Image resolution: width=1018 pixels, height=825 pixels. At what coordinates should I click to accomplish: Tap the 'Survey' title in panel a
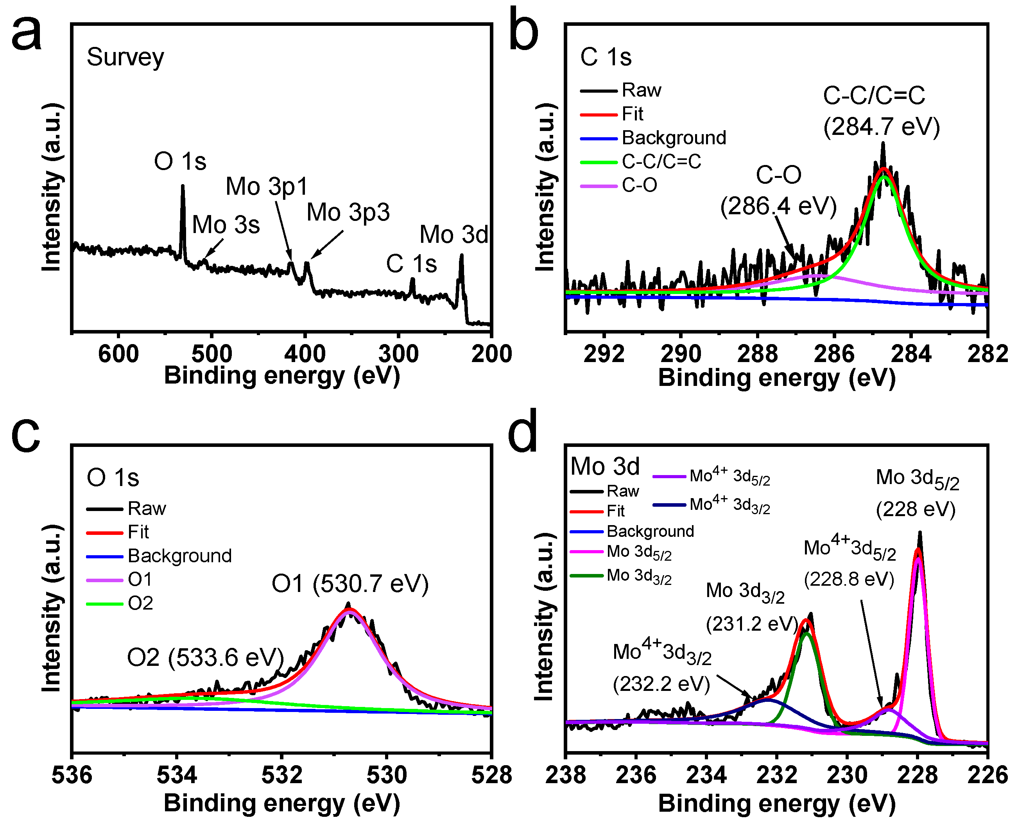pos(125,57)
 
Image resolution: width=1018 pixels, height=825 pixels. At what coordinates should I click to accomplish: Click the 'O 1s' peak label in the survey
pos(180,161)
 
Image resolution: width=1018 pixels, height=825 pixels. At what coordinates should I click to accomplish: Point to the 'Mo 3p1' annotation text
pos(267,186)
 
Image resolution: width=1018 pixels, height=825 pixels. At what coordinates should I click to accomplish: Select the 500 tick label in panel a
pos(212,354)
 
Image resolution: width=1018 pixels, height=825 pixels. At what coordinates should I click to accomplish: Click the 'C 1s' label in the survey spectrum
pos(411,264)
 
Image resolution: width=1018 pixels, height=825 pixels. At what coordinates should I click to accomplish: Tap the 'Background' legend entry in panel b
pos(674,138)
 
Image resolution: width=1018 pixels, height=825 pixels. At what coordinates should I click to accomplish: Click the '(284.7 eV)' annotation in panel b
pos(882,127)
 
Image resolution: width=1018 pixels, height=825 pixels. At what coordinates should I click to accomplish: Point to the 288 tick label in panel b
pos(758,354)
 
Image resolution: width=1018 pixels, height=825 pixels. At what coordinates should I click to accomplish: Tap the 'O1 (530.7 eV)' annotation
pos(350,584)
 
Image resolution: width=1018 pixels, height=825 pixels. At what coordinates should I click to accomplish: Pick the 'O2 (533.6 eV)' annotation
pos(205,658)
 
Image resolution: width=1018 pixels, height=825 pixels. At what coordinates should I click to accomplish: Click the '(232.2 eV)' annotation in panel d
pos(661,684)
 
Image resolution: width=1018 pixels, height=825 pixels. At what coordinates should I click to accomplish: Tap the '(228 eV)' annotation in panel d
pos(916,509)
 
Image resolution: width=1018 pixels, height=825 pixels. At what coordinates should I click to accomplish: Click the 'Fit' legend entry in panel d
pos(616,511)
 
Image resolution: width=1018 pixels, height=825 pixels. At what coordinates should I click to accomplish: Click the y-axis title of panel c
pos(52,608)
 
